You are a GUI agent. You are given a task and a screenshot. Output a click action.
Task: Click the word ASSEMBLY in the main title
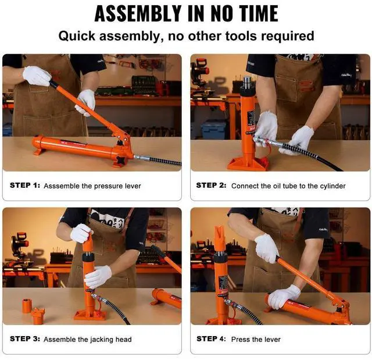138,14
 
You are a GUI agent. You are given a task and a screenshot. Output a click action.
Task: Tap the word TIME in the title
259,14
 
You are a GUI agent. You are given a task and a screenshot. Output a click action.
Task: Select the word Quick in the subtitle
77,36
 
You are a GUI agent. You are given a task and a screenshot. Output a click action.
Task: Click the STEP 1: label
25,185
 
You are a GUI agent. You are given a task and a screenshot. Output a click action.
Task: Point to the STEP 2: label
211,185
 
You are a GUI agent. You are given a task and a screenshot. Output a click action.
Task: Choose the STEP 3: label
25,338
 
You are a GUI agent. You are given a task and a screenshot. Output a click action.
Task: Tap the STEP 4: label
211,338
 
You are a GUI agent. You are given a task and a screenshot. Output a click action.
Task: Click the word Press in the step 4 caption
239,340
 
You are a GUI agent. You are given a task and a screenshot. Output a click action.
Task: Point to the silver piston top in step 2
246,81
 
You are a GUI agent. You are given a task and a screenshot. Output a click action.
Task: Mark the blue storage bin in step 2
214,129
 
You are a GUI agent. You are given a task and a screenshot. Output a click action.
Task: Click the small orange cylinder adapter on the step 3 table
27,306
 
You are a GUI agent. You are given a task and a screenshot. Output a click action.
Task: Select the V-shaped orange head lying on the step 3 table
37,316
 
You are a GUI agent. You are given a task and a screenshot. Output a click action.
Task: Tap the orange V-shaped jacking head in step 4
220,240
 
